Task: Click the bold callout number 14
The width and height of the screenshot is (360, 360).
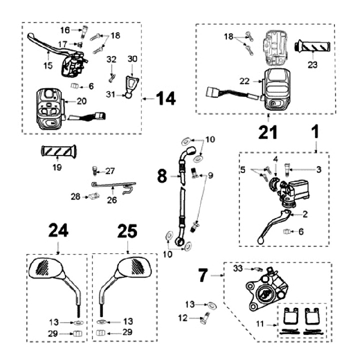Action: pos(164,98)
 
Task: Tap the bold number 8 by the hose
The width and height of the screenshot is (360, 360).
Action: pos(162,175)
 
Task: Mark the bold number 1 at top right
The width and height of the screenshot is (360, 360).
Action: pos(315,133)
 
